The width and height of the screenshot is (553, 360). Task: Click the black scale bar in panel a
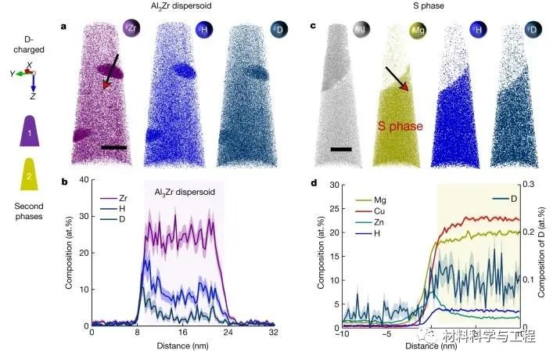pos(113,146)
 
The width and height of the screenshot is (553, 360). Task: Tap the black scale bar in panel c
pos(341,147)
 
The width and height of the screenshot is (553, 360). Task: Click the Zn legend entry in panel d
pos(365,222)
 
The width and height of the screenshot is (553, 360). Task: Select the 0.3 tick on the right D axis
pos(526,185)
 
